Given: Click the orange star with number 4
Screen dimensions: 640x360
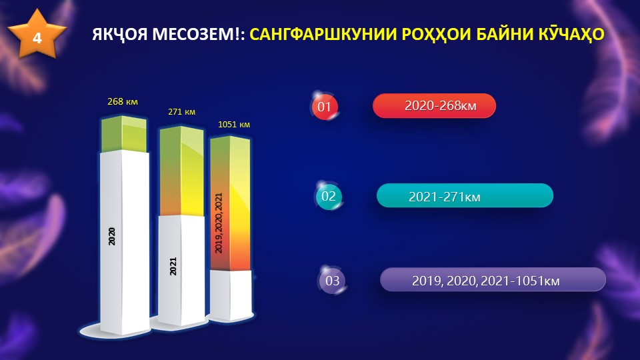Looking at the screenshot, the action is (37, 35).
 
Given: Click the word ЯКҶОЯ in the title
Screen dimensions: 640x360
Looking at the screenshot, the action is (119, 34).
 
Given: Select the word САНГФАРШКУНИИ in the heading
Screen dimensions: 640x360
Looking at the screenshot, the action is (323, 34).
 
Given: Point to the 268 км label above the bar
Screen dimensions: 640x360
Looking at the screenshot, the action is (123, 101).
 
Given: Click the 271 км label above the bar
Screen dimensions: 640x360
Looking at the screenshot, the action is (181, 111).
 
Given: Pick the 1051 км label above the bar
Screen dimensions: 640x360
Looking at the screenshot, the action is (234, 124).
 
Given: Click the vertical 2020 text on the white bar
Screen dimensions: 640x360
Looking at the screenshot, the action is (111, 236).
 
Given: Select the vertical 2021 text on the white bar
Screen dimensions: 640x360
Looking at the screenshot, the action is (173, 266).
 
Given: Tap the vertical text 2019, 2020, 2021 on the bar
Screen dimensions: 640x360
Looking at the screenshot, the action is (219, 223).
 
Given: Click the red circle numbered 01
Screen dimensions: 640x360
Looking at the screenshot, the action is (325, 107).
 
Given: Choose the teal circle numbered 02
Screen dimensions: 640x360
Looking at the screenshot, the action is (329, 196).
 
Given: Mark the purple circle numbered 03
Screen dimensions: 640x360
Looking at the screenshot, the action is (332, 281).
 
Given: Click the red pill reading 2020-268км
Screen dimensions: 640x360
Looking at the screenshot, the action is (434, 106).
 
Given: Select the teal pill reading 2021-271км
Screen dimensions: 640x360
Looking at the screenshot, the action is (465, 195).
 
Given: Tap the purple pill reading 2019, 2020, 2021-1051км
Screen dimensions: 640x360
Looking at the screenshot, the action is (493, 279).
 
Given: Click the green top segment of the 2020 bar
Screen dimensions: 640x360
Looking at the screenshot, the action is (124, 134).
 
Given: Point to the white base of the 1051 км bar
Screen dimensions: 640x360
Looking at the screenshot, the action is (231, 295).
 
